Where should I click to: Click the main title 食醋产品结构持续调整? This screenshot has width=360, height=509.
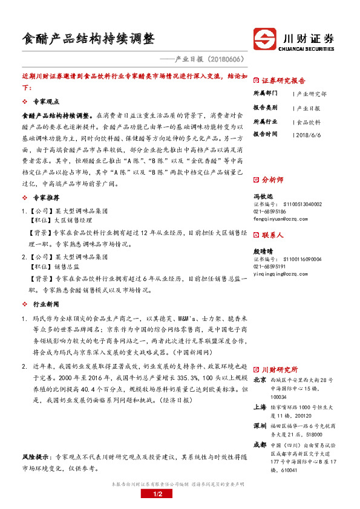click(x=88, y=39)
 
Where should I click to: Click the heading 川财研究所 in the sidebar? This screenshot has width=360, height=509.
click(x=279, y=369)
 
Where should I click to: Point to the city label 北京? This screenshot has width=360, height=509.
click(x=260, y=380)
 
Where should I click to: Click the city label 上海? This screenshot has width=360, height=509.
click(x=260, y=406)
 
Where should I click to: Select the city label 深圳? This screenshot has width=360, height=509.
click(x=260, y=426)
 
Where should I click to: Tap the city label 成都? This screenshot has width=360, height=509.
click(x=260, y=444)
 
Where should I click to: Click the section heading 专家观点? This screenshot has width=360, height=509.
click(x=46, y=102)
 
